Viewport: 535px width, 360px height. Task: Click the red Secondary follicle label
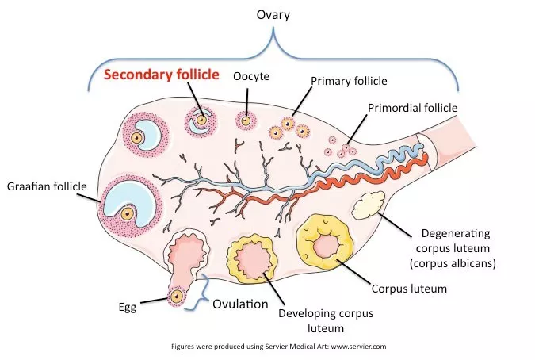tap(162, 75)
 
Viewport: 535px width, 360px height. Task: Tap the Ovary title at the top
tap(273, 15)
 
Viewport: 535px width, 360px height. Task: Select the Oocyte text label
tap(251, 76)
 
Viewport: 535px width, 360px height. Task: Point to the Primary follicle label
tap(349, 81)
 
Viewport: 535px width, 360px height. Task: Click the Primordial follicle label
tap(412, 108)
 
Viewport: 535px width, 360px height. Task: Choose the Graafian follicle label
tap(47, 186)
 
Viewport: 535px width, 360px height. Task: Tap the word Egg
tap(128, 307)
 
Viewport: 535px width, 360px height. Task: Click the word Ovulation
tap(240, 304)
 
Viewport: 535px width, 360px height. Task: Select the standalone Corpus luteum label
tap(409, 289)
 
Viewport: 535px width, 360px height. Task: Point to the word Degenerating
tap(456, 234)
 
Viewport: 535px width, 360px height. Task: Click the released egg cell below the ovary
tap(177, 297)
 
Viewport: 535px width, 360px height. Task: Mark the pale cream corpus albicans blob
tap(368, 205)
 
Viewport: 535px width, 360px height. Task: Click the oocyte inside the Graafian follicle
tap(128, 213)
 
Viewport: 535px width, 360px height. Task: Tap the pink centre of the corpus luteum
tap(327, 246)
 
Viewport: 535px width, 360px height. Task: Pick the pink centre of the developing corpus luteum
tap(253, 259)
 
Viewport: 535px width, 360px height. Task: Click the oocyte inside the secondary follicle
tap(201, 120)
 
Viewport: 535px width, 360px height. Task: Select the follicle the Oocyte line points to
tap(246, 121)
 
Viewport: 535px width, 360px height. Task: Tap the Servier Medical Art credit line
tap(279, 347)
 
